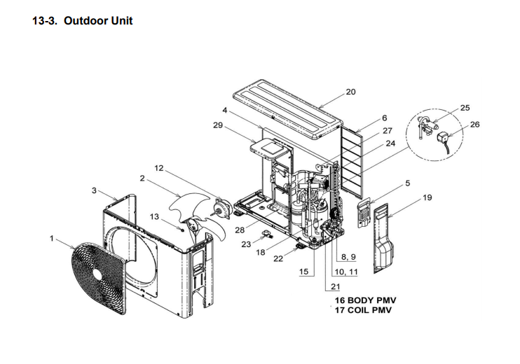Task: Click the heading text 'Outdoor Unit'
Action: (x=98, y=21)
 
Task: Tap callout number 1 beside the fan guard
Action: (x=51, y=239)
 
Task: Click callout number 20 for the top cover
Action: (x=351, y=92)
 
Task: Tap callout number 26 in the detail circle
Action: (x=476, y=125)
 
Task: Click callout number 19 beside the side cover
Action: (x=427, y=198)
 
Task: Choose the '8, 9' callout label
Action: (x=348, y=257)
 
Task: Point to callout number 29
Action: (x=217, y=125)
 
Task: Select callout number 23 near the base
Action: (x=246, y=244)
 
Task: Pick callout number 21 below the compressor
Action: (x=335, y=286)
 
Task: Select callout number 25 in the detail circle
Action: (x=465, y=108)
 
